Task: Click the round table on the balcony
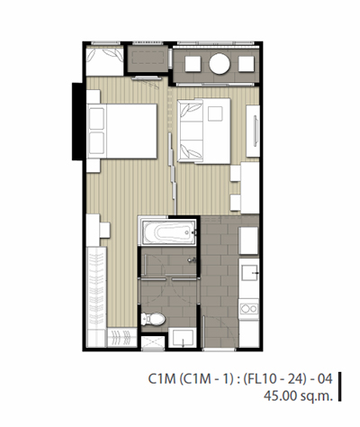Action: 220,64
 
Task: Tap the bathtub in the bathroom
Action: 169,232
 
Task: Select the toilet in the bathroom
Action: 153,319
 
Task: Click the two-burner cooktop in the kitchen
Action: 249,309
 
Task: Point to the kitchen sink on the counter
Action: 249,273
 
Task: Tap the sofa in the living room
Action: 190,131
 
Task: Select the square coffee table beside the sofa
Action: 215,114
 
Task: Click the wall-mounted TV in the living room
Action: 256,131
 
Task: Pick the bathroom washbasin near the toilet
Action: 183,338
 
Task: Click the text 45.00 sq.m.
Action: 298,395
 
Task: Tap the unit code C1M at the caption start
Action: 161,378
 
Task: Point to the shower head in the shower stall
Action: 191,260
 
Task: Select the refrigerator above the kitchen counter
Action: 248,241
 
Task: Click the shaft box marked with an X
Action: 153,342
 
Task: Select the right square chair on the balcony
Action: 247,64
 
